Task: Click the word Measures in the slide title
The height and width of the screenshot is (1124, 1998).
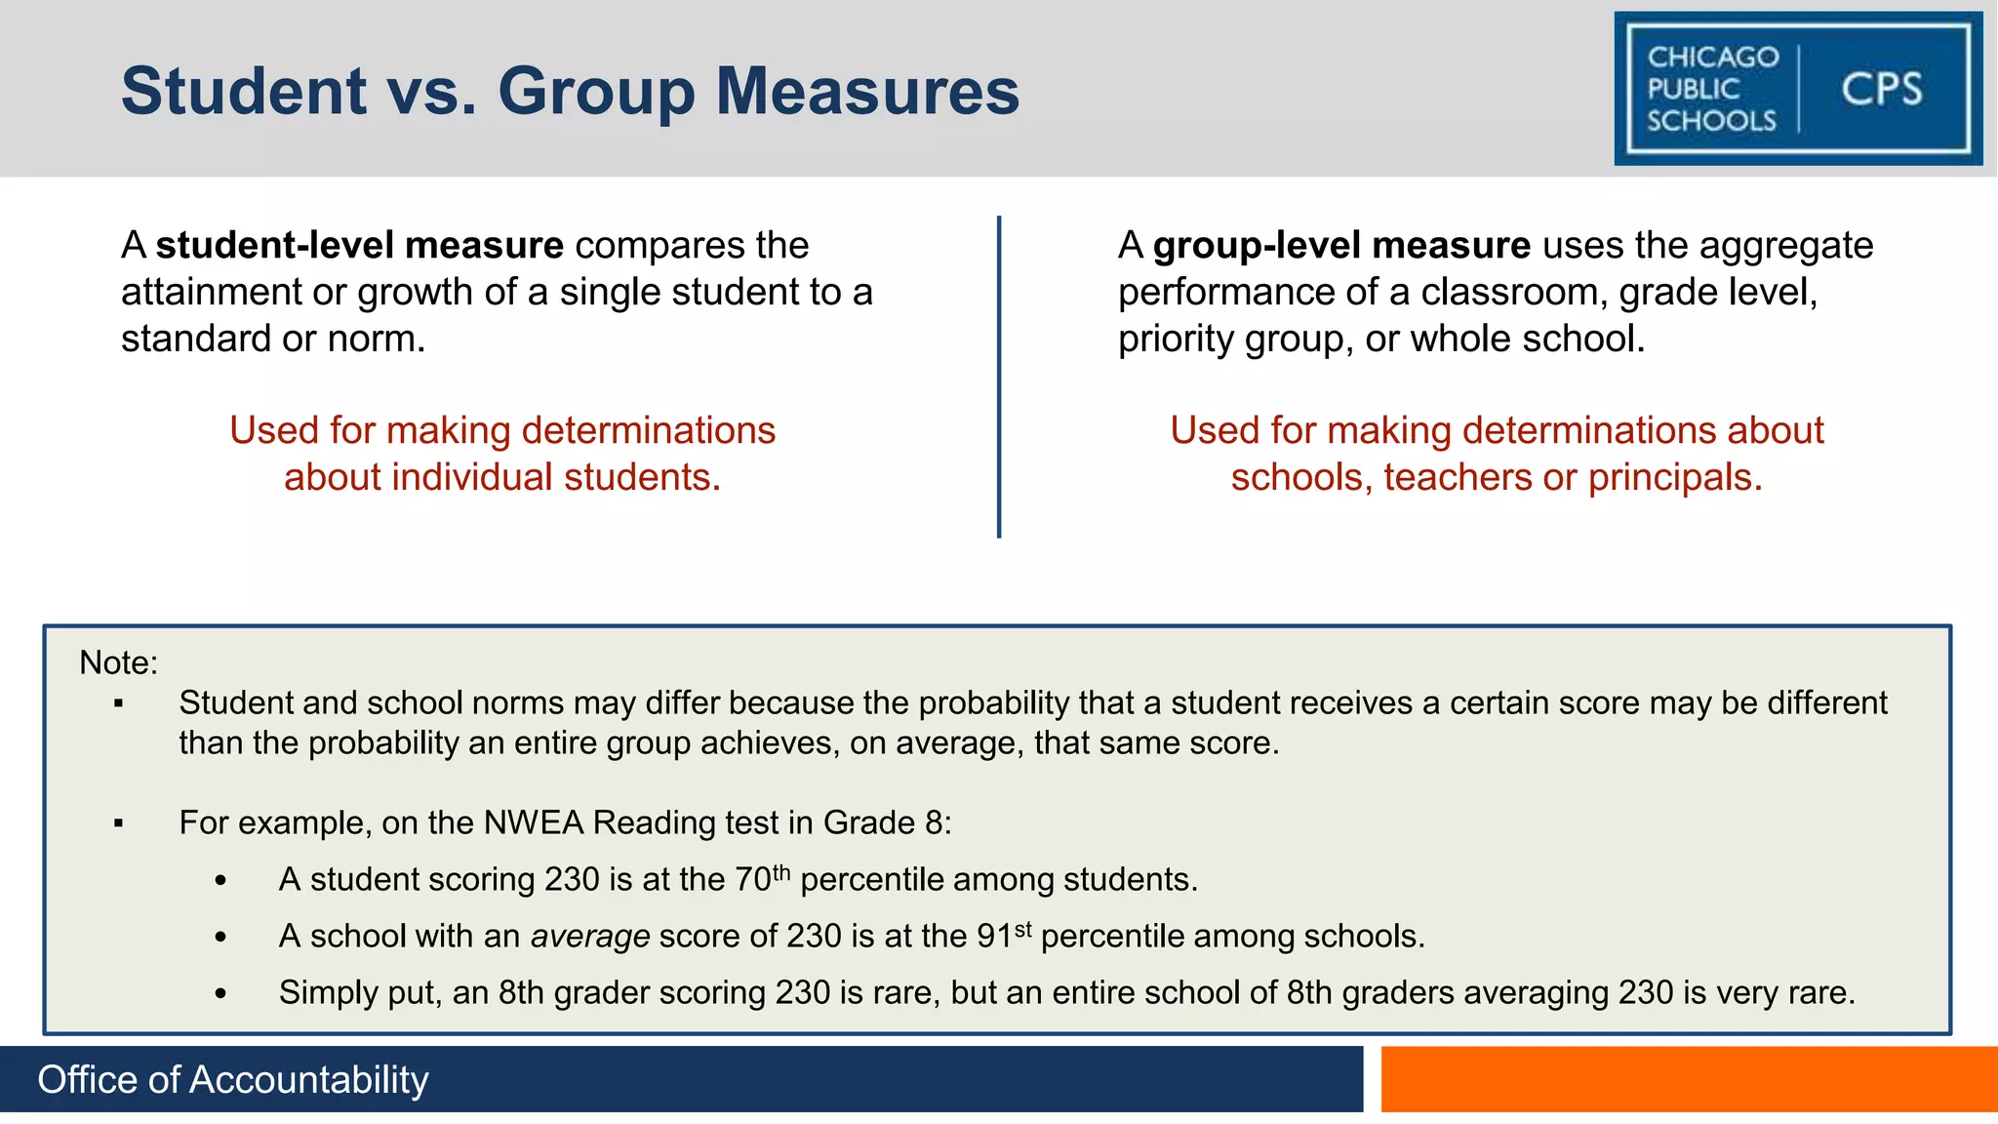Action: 867,92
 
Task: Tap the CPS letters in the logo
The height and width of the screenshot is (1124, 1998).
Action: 1881,90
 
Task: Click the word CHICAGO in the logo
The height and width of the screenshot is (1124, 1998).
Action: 1713,58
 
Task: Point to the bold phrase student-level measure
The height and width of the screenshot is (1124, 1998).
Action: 359,245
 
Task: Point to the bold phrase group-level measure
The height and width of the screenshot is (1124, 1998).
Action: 1341,245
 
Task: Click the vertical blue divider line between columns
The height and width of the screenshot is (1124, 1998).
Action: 999,377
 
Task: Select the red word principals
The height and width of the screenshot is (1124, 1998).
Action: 1674,477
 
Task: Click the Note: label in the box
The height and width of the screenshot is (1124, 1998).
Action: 118,662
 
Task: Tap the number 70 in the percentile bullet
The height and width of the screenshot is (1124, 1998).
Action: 753,880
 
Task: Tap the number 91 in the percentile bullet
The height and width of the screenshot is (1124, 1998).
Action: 994,937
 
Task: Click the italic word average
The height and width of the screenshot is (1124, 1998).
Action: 590,937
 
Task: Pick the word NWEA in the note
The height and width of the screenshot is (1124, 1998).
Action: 534,823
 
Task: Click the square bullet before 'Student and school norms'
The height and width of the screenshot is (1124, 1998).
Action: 118,703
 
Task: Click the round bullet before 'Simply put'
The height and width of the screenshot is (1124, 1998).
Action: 221,994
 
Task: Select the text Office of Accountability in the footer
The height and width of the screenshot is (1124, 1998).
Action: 233,1080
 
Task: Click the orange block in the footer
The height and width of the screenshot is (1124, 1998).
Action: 1689,1079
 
